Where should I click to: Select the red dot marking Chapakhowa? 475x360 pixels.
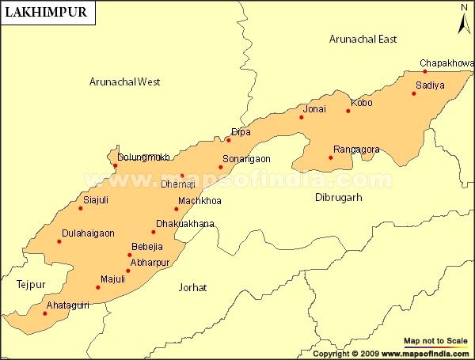(x=425, y=72)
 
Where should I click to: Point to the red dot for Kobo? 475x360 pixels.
(x=348, y=111)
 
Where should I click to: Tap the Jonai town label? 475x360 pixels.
(x=314, y=108)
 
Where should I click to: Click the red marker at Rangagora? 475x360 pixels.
(x=331, y=157)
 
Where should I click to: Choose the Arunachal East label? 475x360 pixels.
(x=363, y=39)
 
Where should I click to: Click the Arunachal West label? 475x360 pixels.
(x=125, y=81)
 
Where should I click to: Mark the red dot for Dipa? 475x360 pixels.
(x=229, y=140)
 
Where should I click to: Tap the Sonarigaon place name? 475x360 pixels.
(x=246, y=158)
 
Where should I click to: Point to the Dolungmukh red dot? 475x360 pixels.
(x=115, y=165)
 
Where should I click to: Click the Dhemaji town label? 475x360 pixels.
(x=177, y=184)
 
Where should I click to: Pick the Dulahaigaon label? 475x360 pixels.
(x=88, y=233)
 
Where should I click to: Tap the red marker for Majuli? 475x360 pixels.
(x=98, y=287)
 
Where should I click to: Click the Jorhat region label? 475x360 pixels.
(x=193, y=287)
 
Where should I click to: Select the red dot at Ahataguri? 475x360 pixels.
(x=45, y=313)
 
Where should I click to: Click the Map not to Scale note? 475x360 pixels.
(x=435, y=340)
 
